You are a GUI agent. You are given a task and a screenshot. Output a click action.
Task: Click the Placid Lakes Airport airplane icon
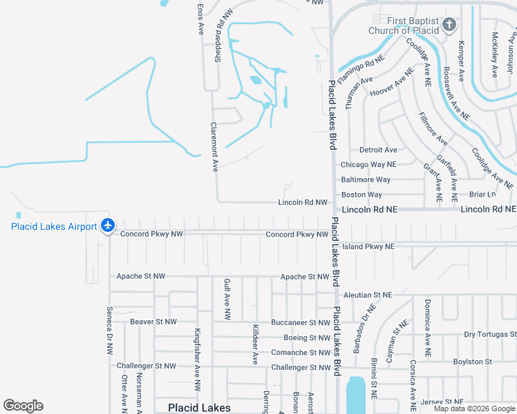point(107,225)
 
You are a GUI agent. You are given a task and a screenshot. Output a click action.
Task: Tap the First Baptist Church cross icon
point(449,26)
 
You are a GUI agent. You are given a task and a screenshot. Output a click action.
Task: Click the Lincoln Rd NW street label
point(302,202)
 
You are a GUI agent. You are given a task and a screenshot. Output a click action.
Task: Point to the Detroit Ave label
point(378,150)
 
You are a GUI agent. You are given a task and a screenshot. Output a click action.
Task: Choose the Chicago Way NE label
point(368,165)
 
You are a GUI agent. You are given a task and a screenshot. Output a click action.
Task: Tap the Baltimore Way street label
point(366,180)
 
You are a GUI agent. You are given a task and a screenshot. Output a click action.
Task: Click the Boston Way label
point(361,195)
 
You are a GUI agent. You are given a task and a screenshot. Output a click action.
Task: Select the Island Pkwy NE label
point(368,246)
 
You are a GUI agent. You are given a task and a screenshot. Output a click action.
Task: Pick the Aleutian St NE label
point(368,295)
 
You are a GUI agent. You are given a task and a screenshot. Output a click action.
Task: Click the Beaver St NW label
point(153,322)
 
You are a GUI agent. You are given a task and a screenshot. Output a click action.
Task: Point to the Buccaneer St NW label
point(300,322)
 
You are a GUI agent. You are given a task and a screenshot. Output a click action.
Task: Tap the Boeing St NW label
point(307,337)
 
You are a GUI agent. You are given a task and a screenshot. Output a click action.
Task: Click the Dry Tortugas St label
point(490,335)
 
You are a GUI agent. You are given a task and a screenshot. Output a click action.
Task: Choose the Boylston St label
point(471,362)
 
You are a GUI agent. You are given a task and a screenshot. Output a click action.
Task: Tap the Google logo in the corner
point(23,406)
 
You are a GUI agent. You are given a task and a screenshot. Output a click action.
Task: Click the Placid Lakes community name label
point(200,408)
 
